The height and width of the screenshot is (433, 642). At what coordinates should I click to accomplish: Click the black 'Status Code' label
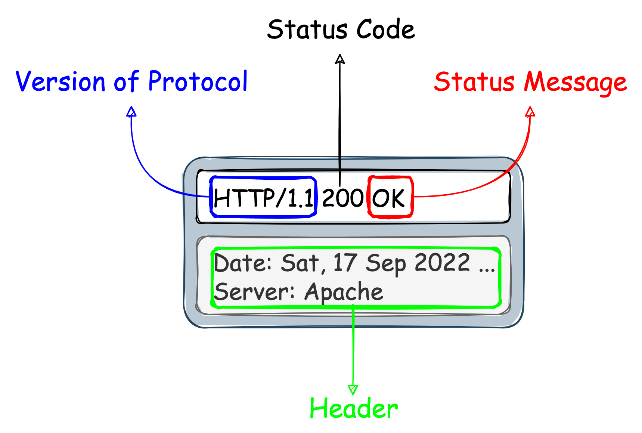341,30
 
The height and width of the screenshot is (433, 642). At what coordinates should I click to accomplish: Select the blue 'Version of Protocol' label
131,81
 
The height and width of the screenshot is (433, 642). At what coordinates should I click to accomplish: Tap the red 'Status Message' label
530,82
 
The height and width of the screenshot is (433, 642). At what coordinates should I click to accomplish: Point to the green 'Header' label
354,408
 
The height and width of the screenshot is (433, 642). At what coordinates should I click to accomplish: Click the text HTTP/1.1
263,198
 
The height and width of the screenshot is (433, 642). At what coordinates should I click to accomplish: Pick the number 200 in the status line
342,198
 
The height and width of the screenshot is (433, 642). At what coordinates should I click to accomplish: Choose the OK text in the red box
389,198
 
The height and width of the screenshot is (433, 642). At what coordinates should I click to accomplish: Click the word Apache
344,292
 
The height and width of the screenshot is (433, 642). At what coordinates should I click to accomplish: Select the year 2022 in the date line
443,262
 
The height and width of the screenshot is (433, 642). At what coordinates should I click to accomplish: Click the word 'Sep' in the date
386,263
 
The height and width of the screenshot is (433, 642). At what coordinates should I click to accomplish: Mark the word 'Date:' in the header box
243,263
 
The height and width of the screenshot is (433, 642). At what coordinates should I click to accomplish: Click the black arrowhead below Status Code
340,59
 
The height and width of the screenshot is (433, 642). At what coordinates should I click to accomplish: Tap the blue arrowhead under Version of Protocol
131,111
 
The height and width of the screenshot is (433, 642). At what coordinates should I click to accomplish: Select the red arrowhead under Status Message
530,111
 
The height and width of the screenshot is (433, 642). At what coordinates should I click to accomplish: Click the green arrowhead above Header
353,390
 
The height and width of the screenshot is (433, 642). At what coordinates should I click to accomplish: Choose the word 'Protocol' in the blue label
198,81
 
